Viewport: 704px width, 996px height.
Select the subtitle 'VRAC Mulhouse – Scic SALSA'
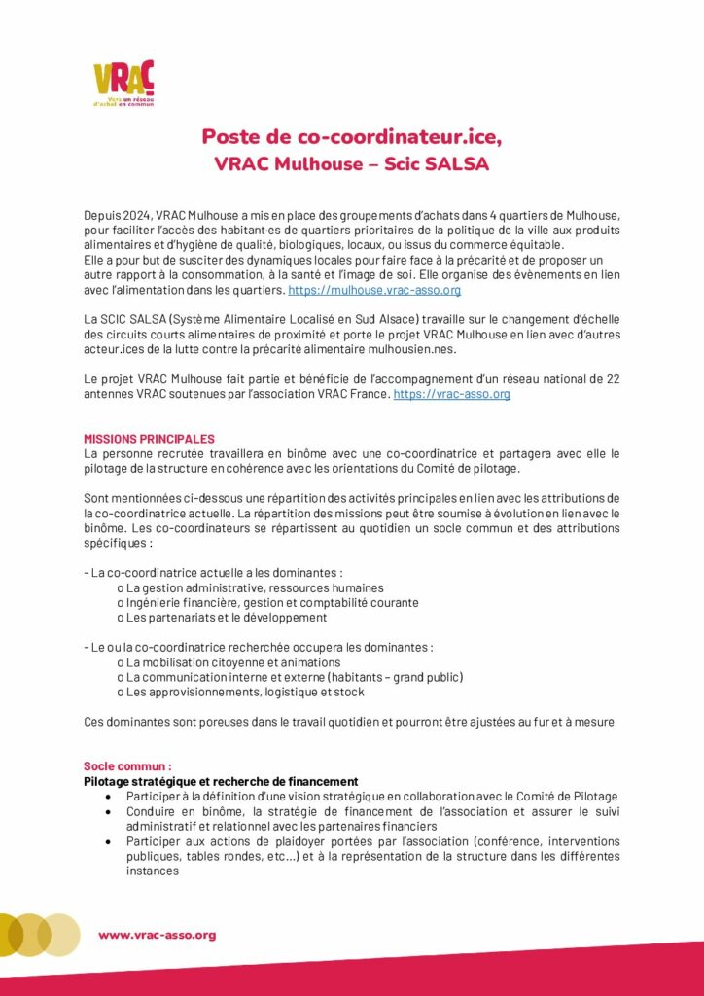[351, 164]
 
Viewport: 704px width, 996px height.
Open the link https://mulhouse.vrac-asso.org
[374, 290]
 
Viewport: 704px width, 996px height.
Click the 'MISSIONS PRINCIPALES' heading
[149, 439]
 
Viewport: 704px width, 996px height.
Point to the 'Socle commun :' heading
[127, 766]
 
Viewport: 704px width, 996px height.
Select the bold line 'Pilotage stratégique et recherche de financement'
[221, 781]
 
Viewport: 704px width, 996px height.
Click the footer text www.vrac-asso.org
[157, 935]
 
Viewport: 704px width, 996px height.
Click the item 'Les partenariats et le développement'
[227, 617]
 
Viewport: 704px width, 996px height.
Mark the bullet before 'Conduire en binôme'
[108, 811]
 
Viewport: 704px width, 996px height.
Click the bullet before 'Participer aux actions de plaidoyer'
[108, 841]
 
